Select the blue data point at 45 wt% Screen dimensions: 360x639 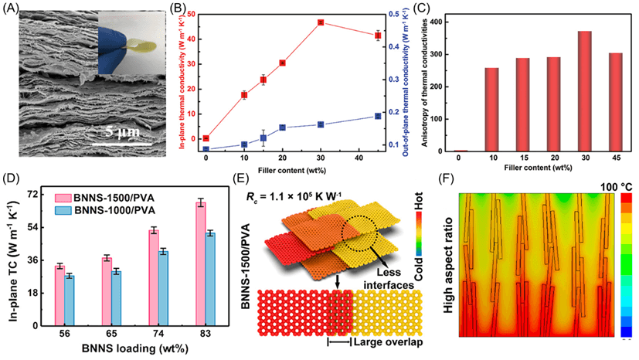(x=377, y=116)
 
